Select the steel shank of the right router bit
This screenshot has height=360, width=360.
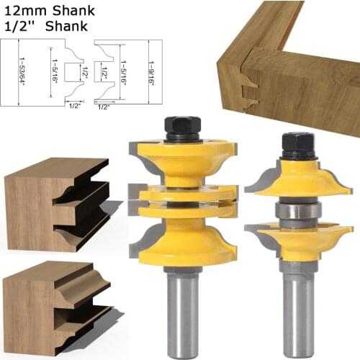point(297,310)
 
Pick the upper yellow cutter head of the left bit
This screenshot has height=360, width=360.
point(181,162)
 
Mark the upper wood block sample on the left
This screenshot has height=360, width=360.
point(54,202)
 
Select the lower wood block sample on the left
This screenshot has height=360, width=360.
point(54,306)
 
